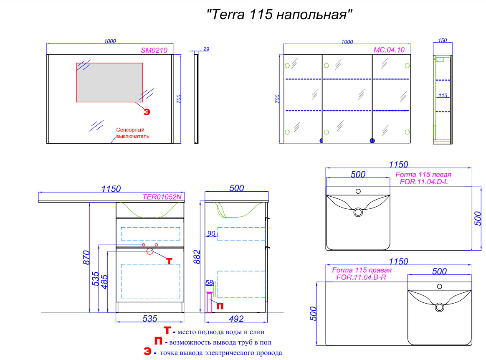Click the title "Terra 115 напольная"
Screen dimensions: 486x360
279,14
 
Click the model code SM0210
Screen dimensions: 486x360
154,50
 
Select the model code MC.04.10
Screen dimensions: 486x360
389,50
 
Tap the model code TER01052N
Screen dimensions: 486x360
162,197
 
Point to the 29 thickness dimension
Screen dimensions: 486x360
206,49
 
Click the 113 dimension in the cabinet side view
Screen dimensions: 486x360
443,96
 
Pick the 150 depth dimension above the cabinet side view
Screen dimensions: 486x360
442,41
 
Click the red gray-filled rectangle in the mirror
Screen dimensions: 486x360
110,82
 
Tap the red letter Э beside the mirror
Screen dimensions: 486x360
147,112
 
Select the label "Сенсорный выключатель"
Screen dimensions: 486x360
133,133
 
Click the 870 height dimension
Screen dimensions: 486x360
86,257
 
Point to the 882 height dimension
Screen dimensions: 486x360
197,257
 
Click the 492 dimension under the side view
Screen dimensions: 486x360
236,319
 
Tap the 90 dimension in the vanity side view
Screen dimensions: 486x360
211,233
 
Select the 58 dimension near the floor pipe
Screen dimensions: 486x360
209,283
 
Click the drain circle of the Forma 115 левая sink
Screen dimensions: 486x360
358,213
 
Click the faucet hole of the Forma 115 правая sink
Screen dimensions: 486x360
440,286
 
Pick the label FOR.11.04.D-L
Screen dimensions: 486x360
424,182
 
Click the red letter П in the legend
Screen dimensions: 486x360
158,341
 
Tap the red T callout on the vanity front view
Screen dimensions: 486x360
169,261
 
